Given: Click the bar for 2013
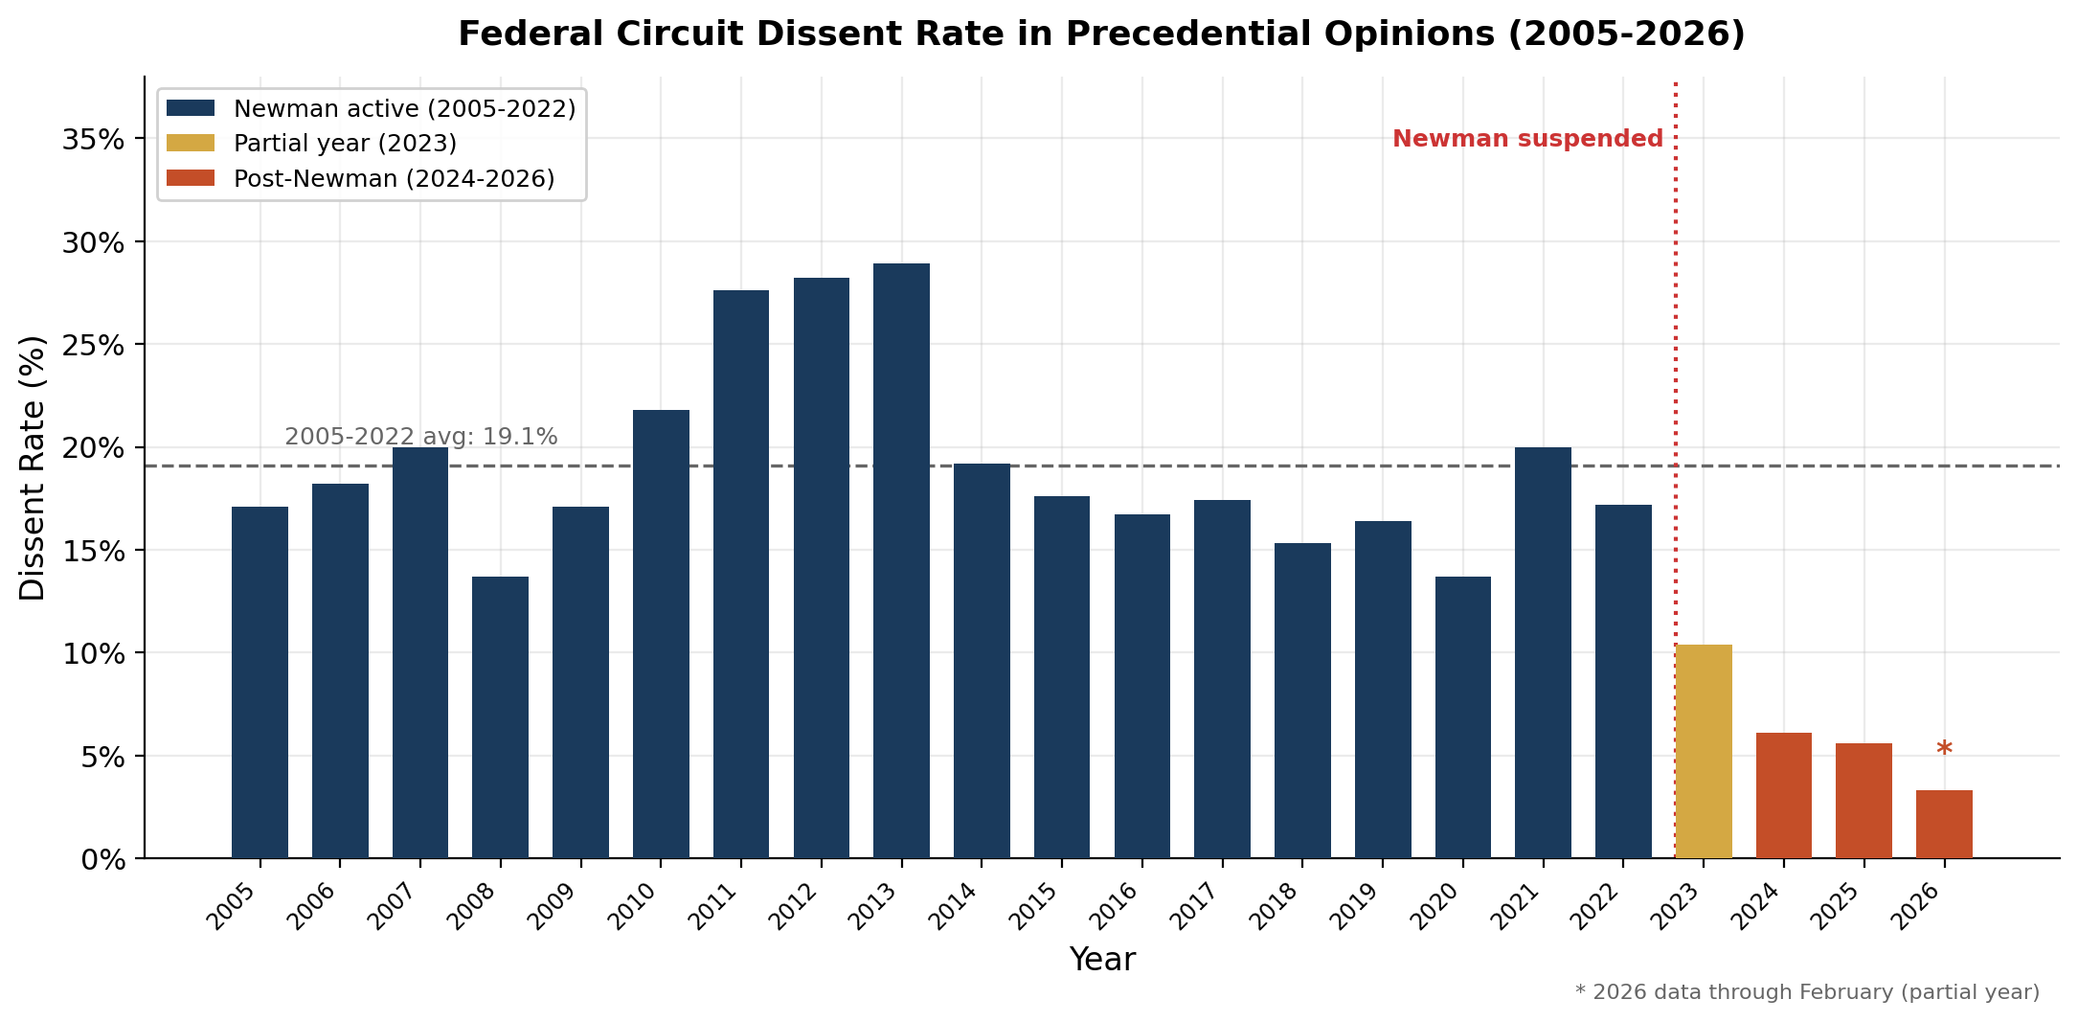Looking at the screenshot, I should pos(901,560).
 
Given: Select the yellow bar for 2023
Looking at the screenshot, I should pos(1703,751).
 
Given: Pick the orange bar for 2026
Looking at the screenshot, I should pos(1944,824).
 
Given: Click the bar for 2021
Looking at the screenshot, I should pos(1543,651).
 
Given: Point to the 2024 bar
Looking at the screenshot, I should pos(1783,795).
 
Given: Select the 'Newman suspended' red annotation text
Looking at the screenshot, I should pos(1527,139).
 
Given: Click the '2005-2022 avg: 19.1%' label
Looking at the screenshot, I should pos(420,437).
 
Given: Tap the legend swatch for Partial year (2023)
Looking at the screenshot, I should pos(191,143).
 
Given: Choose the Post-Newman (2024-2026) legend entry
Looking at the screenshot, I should pos(394,179).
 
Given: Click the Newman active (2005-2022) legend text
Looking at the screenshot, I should pos(404,108).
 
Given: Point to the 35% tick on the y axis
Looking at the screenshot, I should pos(93,140).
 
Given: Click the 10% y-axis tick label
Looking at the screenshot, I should pos(93,654).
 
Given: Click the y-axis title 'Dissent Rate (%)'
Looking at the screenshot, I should pos(33,467).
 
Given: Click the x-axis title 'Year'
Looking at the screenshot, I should pos(1101,959).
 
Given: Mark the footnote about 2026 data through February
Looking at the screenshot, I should pos(1806,992).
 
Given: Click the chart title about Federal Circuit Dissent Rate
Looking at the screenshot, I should pos(1101,34).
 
